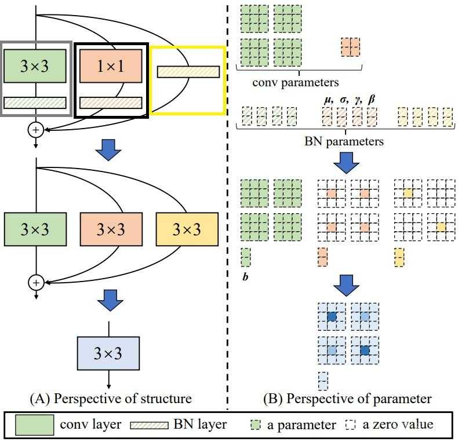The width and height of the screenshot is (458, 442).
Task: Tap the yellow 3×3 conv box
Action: (x=187, y=229)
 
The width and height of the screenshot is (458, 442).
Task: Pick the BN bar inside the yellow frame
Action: (x=188, y=72)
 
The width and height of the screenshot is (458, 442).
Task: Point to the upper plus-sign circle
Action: (x=35, y=130)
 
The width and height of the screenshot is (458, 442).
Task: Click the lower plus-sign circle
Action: (x=35, y=283)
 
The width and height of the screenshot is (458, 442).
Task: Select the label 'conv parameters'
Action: (x=296, y=82)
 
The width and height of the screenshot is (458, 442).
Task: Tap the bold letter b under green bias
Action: (x=245, y=277)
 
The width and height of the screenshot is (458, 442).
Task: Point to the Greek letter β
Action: (x=372, y=100)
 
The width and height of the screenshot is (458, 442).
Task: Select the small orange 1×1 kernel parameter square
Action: (x=351, y=46)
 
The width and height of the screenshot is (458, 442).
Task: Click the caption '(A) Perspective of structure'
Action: (x=110, y=399)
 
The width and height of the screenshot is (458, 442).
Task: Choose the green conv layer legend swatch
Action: (x=35, y=425)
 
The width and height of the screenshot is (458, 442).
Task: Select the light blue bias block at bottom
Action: (x=323, y=381)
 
